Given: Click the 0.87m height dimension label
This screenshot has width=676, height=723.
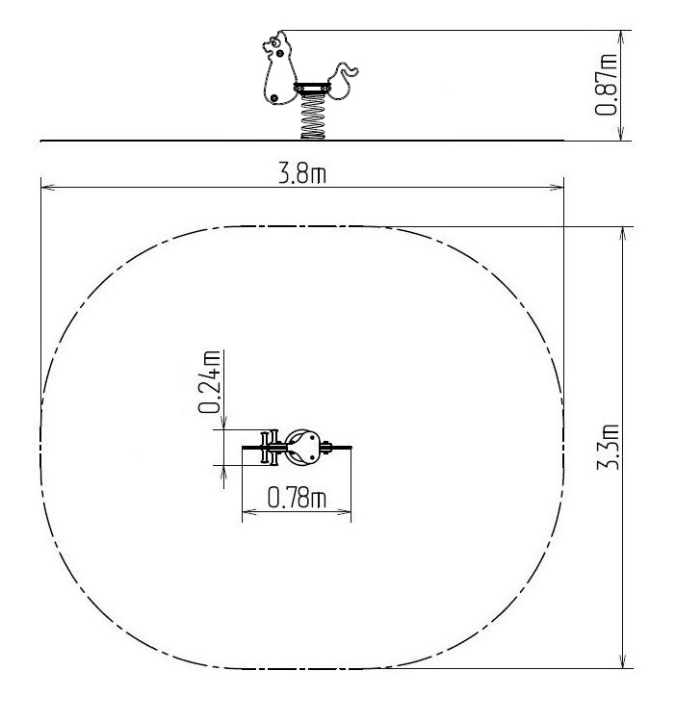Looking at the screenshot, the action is [x=606, y=85].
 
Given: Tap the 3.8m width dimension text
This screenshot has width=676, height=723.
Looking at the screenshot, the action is [x=302, y=174].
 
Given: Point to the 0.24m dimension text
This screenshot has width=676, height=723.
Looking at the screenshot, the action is [x=209, y=381].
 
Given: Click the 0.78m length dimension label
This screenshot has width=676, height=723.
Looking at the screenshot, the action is [x=297, y=498].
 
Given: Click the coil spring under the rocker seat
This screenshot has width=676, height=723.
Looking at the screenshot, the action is [x=313, y=116].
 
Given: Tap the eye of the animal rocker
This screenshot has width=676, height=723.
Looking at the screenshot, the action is [x=275, y=43].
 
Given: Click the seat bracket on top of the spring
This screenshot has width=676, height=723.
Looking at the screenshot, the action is [x=312, y=88].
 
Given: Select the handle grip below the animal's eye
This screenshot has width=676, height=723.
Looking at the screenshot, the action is [x=279, y=54].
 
